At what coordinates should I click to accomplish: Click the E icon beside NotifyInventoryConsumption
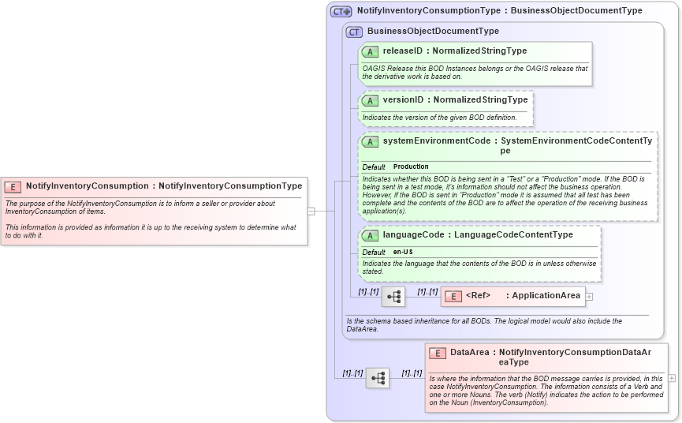(13, 187)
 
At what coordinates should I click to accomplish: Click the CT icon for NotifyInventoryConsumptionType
(341, 11)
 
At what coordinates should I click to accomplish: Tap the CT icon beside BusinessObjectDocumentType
(354, 32)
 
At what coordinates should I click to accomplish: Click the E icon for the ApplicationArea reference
(453, 297)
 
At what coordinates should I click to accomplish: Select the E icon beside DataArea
(438, 353)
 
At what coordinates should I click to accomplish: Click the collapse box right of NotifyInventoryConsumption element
(311, 211)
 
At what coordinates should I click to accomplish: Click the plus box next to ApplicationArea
(590, 297)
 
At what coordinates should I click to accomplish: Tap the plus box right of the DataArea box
(672, 378)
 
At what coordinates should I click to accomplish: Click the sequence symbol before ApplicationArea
(393, 297)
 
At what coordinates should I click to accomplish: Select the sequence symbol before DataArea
(378, 378)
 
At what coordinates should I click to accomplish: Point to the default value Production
(411, 167)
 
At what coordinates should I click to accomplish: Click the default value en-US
(403, 252)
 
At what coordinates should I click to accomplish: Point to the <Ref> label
(478, 296)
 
